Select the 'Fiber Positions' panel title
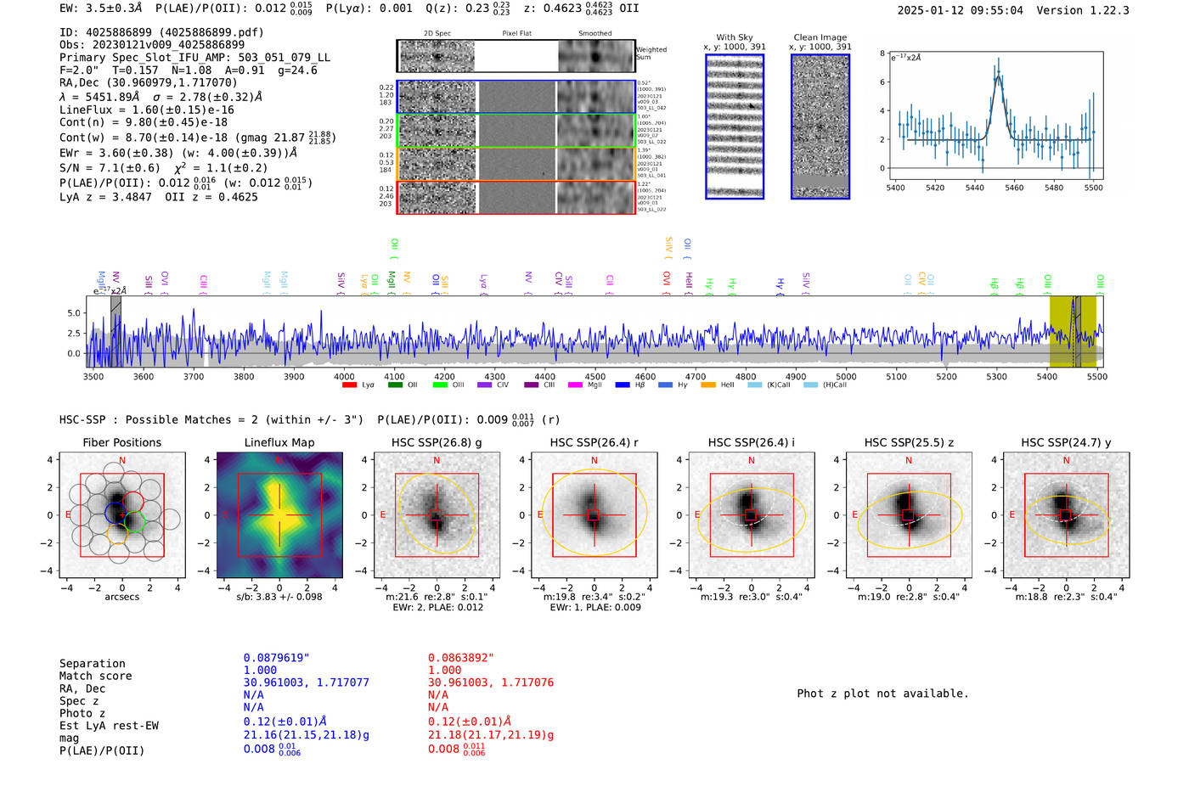tap(121, 442)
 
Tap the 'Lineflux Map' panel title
tap(279, 442)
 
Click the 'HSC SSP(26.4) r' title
tap(594, 442)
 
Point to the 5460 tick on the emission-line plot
tap(1014, 188)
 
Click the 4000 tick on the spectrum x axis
tap(344, 376)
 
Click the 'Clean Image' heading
tap(820, 37)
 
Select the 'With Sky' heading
tap(734, 37)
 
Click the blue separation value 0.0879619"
tap(276, 658)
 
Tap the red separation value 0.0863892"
tap(460, 658)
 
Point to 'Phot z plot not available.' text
tap(882, 694)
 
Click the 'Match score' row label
tap(95, 676)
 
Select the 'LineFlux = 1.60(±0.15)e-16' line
tap(146, 110)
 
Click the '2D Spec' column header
tap(437, 34)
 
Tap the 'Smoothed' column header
tap(594, 34)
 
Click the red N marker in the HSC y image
tap(1066, 461)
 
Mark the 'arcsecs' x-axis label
tap(121, 597)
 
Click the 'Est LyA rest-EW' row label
tap(109, 726)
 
